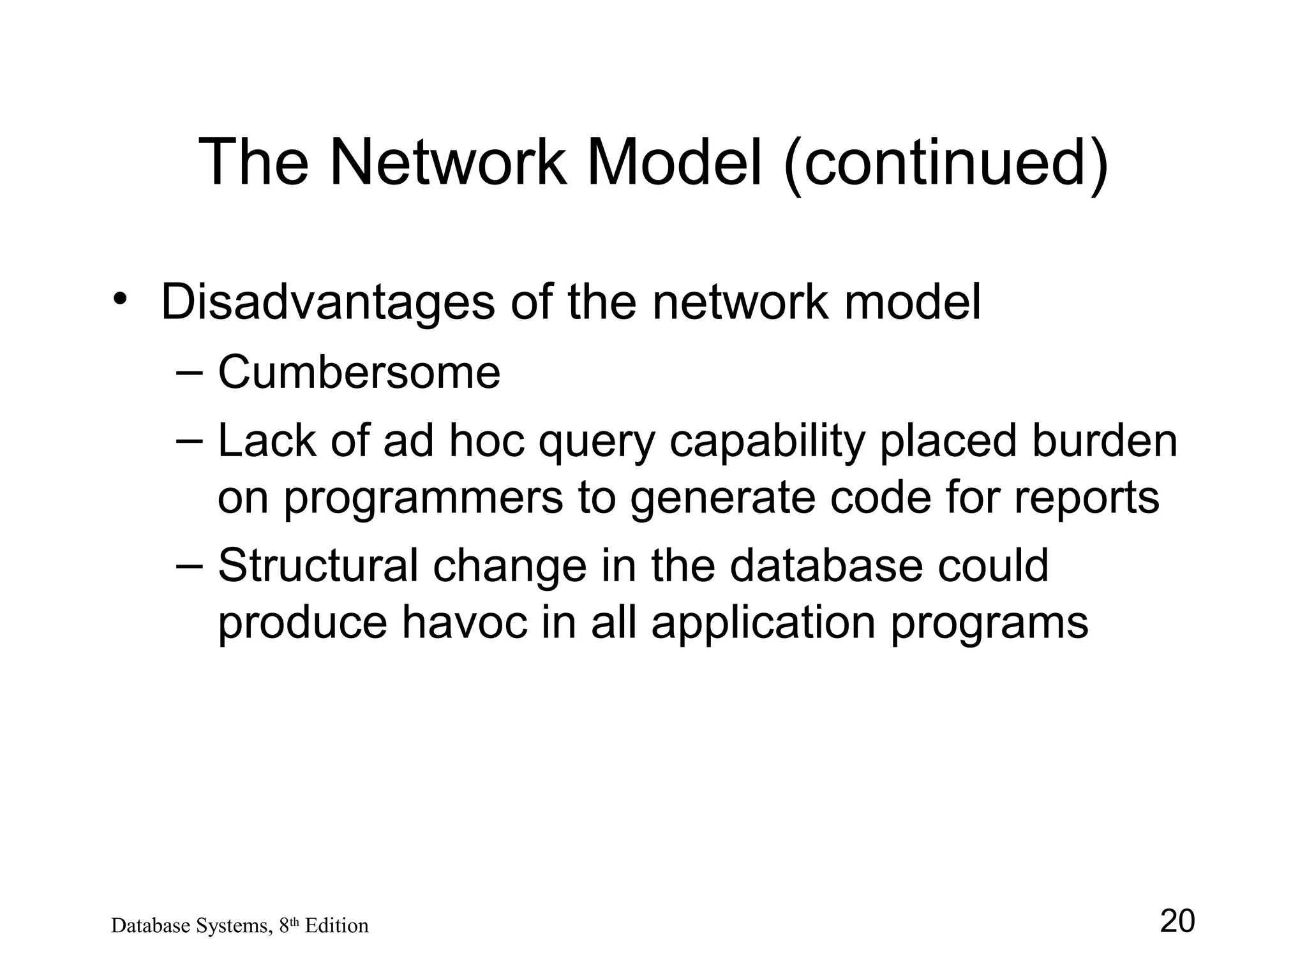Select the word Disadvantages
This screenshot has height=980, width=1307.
point(327,302)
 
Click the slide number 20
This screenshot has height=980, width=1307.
point(1177,921)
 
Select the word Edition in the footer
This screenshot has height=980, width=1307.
point(336,926)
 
